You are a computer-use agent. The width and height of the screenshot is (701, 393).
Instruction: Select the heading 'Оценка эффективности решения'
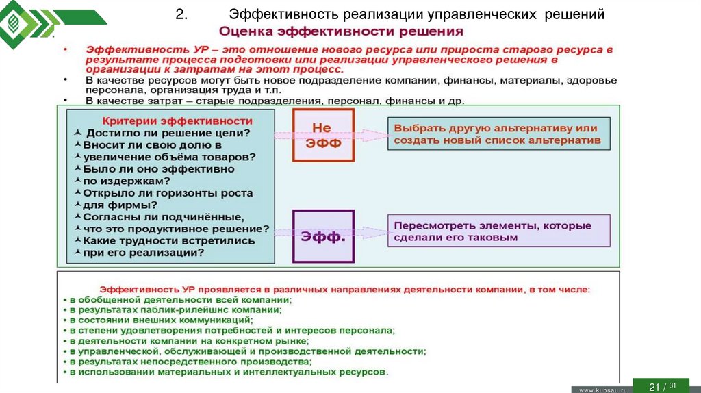(x=341, y=32)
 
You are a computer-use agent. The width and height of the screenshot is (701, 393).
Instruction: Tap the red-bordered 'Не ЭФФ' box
(x=323, y=136)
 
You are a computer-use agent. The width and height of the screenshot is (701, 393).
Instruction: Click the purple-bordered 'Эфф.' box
(x=323, y=236)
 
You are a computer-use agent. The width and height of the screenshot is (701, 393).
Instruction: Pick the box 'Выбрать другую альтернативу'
(x=498, y=134)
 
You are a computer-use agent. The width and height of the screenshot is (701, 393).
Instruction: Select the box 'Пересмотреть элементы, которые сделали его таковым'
(x=498, y=231)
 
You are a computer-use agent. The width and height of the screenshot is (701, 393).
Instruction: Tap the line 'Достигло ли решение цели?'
(x=168, y=133)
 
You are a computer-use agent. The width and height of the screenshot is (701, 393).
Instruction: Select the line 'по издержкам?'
(x=127, y=181)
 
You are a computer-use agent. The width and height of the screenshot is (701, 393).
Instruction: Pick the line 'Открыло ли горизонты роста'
(x=168, y=193)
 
